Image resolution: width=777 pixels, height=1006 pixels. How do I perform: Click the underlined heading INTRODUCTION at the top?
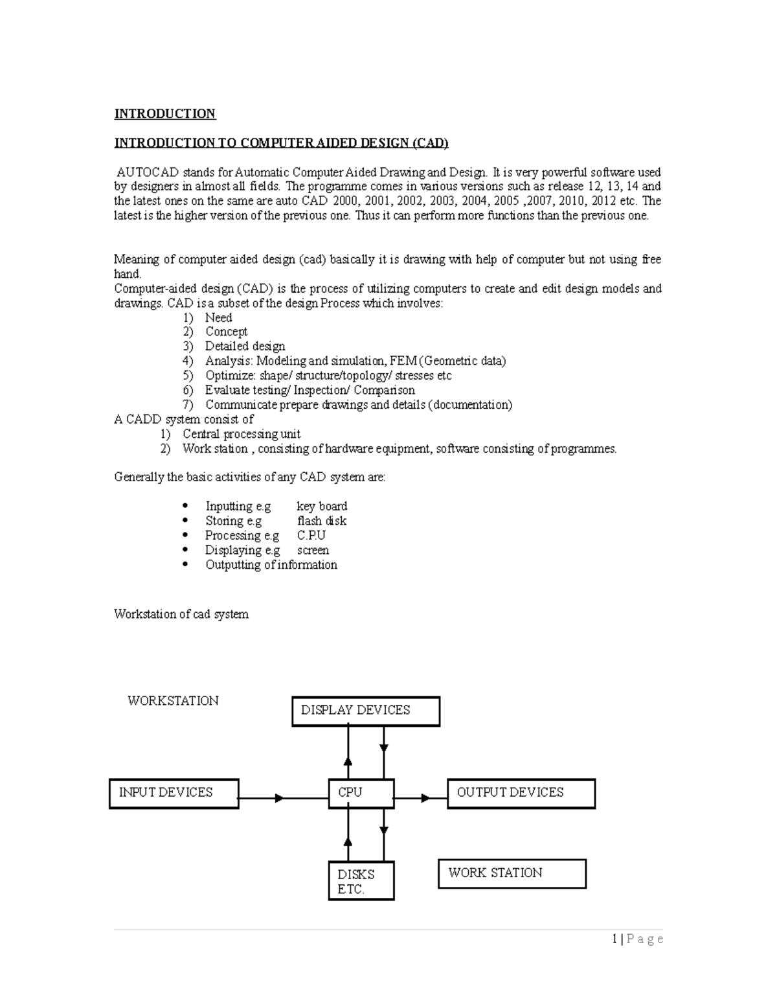click(164, 114)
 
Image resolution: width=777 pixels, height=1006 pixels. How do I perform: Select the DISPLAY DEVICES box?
click(366, 711)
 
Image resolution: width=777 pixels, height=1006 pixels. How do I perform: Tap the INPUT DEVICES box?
click(174, 793)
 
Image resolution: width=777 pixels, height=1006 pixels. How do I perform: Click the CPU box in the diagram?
click(361, 793)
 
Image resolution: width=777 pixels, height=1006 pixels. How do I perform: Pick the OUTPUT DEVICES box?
click(521, 793)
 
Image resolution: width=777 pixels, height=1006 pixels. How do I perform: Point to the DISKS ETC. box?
click(361, 881)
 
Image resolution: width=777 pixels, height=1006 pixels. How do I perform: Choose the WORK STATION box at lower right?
click(512, 873)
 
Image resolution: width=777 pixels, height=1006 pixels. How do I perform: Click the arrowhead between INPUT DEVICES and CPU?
click(279, 798)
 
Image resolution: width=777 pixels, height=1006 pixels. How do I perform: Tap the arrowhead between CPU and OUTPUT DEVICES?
click(425, 798)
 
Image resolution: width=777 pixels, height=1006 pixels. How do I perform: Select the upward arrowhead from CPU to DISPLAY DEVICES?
click(348, 761)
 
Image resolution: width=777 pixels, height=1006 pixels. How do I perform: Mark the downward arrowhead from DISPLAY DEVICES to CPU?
click(384, 748)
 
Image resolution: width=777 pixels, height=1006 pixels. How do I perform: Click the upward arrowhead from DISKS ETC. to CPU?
click(348, 841)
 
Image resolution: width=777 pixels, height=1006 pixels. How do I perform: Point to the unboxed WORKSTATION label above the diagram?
click(173, 701)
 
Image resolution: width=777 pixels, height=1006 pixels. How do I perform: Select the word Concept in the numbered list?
click(226, 332)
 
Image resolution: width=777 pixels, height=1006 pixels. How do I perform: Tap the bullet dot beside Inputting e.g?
click(186, 505)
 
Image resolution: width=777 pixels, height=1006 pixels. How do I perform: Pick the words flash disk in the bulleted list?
click(322, 521)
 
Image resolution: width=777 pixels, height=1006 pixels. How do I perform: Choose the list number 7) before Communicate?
click(188, 405)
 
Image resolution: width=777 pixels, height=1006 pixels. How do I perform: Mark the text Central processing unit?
click(241, 434)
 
